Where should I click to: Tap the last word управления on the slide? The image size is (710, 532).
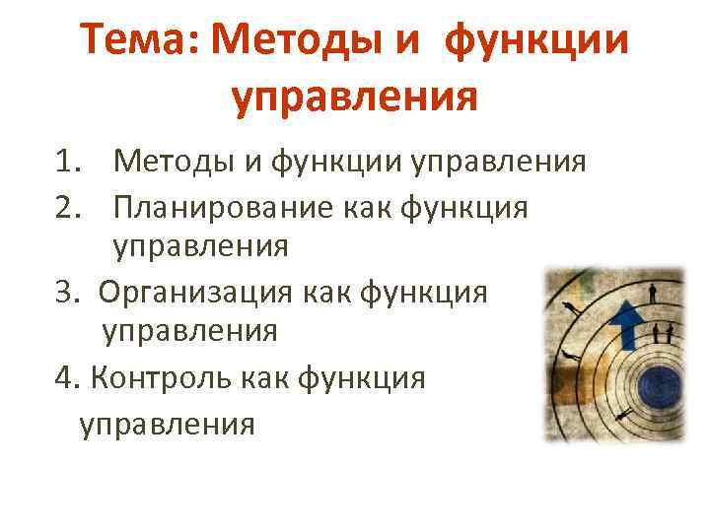coord(167,423)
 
